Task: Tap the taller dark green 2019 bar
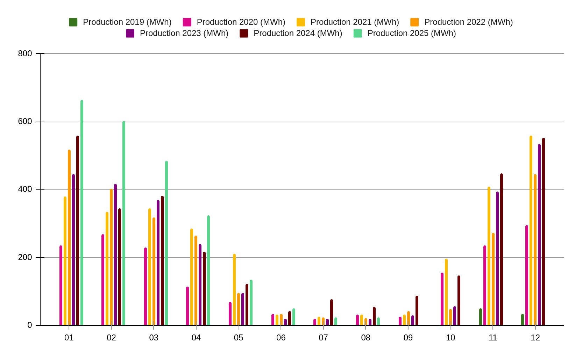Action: pyautogui.click(x=481, y=317)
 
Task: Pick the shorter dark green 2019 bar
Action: pyautogui.click(x=523, y=319)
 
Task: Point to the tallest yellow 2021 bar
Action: pyautogui.click(x=531, y=230)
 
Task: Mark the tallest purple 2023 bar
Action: pyautogui.click(x=539, y=235)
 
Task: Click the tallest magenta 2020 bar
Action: pyautogui.click(x=527, y=275)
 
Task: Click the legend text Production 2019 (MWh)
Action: pyautogui.click(x=127, y=22)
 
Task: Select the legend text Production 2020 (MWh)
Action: pyautogui.click(x=241, y=22)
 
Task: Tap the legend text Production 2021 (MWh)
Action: pyautogui.click(x=355, y=22)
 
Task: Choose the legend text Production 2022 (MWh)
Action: pyautogui.click(x=469, y=22)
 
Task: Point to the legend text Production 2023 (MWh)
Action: pyautogui.click(x=184, y=33)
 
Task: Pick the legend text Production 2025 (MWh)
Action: pyautogui.click(x=412, y=33)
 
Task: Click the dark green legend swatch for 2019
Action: pyautogui.click(x=73, y=22)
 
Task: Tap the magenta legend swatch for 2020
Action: pyautogui.click(x=187, y=22)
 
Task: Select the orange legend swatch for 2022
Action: pyautogui.click(x=415, y=22)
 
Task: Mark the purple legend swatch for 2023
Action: pyautogui.click(x=130, y=33)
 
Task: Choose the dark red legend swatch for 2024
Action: pyautogui.click(x=244, y=33)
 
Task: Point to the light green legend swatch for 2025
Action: pyautogui.click(x=358, y=33)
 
